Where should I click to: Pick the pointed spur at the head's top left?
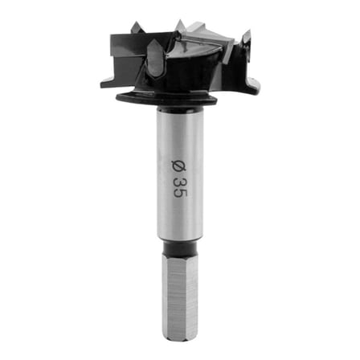tap(137, 28)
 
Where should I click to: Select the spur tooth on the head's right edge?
tap(246, 39)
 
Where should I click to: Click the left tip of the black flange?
tap(118, 98)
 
